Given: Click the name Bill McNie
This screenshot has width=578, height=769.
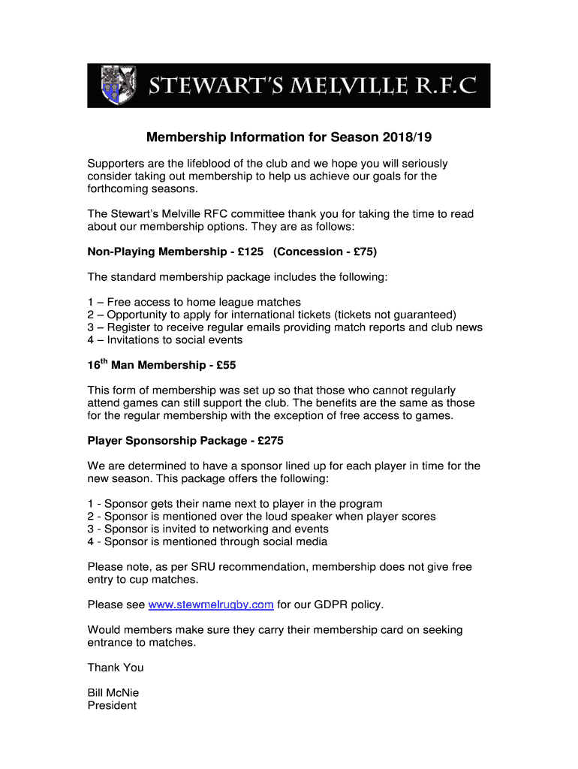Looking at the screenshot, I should point(113,692).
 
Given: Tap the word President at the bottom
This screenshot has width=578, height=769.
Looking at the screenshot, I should point(112,706).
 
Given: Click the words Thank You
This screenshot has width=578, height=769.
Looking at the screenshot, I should point(116,668).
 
